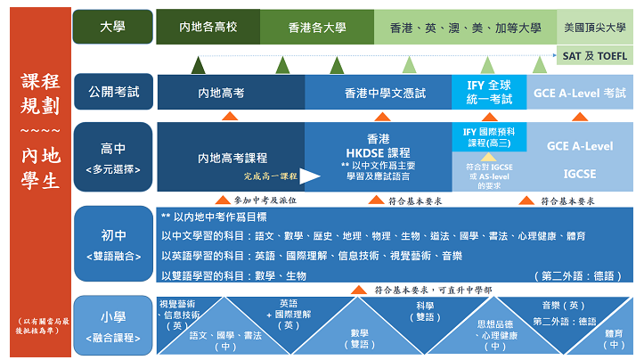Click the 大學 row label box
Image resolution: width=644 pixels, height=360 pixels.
[113, 28]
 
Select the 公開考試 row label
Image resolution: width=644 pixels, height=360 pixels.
[113, 92]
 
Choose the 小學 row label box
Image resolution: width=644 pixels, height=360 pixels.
[113, 324]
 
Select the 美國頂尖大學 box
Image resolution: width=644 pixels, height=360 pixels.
[595, 28]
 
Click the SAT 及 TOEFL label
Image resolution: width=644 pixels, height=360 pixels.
[595, 55]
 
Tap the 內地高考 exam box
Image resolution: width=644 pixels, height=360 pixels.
[231, 92]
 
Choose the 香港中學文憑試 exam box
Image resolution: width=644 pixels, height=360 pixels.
[379, 92]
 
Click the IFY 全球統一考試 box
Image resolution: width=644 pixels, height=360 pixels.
[490, 91]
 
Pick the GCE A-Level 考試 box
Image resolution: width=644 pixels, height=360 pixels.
[580, 92]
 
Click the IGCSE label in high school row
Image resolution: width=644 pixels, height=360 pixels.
[580, 173]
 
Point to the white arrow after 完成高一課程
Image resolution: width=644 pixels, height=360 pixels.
[308, 176]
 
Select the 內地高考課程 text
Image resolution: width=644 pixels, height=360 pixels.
[232, 158]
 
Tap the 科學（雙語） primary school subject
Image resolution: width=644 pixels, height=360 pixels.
[425, 311]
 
